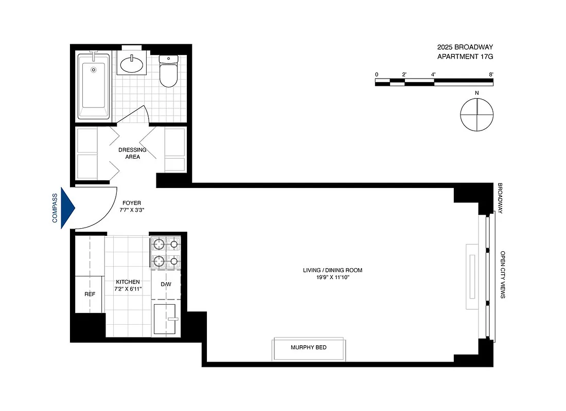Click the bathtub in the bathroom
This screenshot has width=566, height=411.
94,86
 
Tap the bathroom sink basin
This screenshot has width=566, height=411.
132,65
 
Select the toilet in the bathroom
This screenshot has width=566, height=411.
168,71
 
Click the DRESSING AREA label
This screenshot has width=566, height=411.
132,153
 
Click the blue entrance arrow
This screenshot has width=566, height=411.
68,208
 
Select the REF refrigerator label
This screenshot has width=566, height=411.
90,294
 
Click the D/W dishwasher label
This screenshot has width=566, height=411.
166,284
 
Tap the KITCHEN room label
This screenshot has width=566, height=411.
128,282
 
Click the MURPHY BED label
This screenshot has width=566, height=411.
309,348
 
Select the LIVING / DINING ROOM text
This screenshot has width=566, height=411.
329,270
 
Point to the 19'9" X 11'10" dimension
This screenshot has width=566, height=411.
329,277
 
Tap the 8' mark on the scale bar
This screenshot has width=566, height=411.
492,75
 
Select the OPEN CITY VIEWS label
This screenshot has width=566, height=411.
503,275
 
